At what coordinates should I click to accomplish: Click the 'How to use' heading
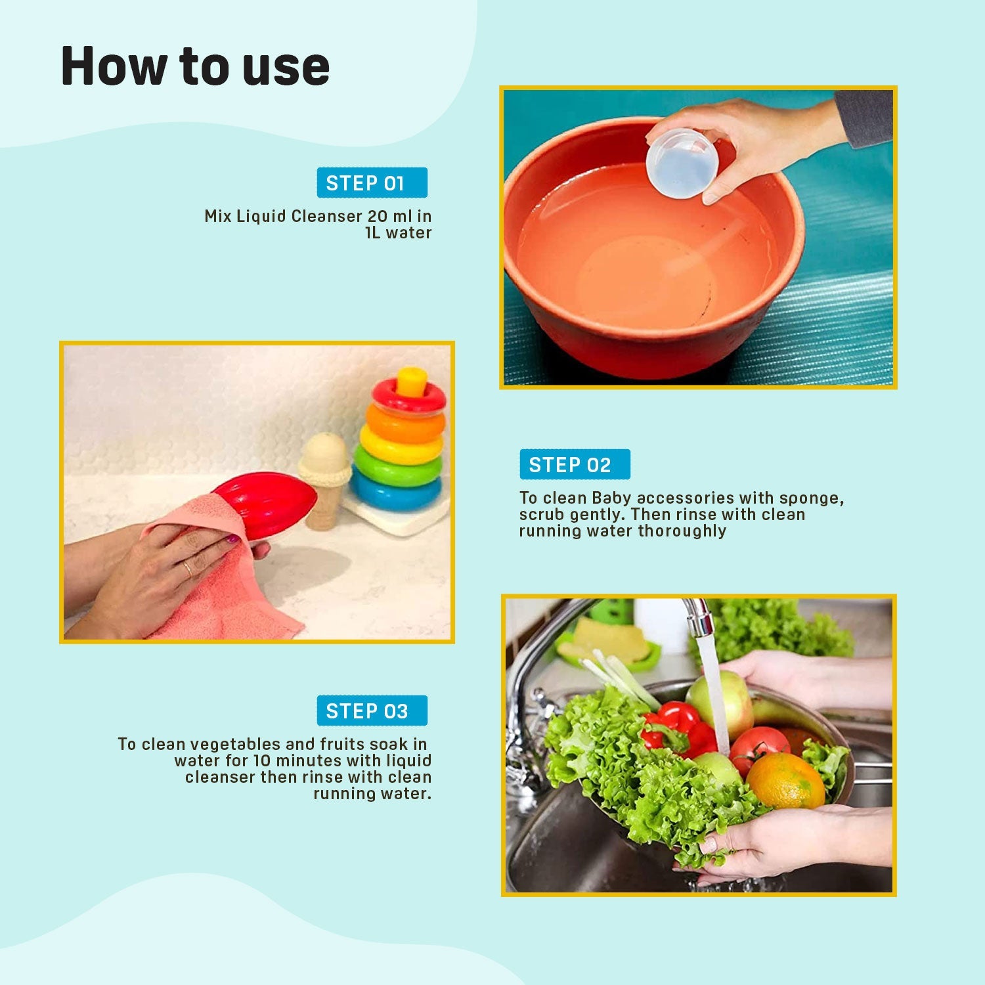[195, 66]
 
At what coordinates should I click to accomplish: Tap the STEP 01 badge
[372, 183]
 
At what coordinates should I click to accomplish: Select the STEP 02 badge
[575, 464]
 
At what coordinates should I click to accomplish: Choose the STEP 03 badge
[372, 711]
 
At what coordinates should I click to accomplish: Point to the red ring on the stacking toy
[408, 397]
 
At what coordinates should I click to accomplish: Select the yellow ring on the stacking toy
[401, 443]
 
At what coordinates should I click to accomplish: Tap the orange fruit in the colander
[785, 781]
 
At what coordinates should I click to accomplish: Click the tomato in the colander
[758, 749]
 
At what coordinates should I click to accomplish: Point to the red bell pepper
[680, 728]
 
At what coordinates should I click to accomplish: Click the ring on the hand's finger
[188, 569]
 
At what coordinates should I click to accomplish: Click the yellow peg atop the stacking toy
[411, 382]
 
